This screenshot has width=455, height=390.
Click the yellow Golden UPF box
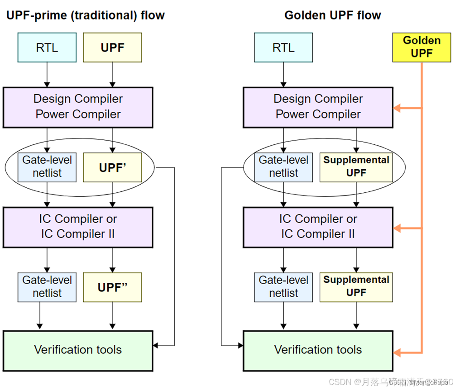pos(421,47)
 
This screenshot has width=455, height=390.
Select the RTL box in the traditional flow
pos(47,48)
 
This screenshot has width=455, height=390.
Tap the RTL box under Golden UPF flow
pos(283,48)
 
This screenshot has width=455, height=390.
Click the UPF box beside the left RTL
pos(112,48)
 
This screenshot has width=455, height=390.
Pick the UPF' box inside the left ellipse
pos(112,167)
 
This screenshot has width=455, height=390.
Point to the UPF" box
pos(112,287)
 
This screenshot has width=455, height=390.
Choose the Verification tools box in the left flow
pos(78,349)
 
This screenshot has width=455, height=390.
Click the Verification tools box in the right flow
pos(318,349)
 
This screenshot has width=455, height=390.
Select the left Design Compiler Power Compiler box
pos(78,107)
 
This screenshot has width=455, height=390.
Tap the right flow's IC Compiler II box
pos(318,227)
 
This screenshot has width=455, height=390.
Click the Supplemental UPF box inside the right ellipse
pos(356,167)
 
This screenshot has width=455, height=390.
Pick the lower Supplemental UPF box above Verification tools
pos(356,287)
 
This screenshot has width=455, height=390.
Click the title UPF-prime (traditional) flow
pos(85,15)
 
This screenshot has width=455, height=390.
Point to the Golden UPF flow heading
pos(332,15)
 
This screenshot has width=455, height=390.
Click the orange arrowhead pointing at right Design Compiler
pos(398,108)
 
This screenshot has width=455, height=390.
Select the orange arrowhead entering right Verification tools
pos(398,352)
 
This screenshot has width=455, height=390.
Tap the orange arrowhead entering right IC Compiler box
pos(398,228)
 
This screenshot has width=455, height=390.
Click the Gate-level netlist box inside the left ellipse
pos(47,167)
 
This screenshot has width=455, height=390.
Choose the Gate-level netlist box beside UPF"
pos(47,287)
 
